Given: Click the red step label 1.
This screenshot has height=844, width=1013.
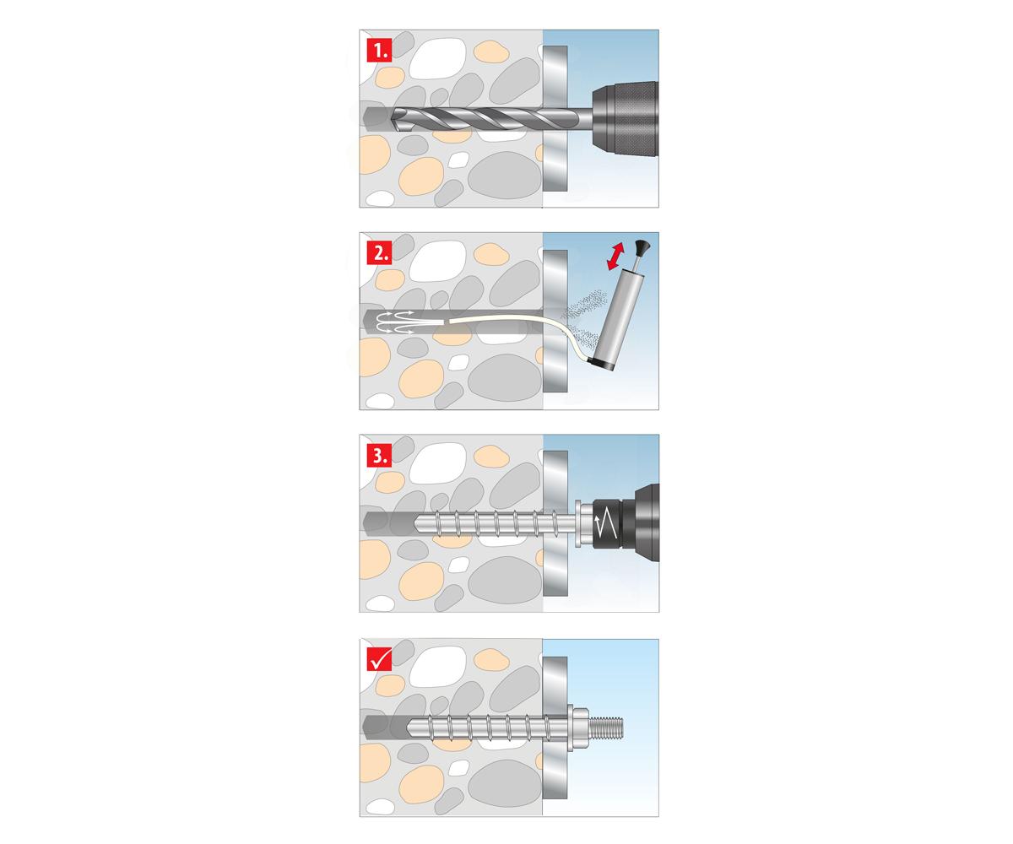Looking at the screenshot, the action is (379, 51).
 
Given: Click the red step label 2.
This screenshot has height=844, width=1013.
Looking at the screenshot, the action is (379, 252).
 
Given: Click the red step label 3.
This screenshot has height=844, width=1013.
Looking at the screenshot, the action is (379, 456).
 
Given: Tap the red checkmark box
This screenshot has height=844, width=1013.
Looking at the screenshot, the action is (379, 659).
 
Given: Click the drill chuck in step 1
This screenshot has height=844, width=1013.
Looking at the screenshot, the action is (626, 119).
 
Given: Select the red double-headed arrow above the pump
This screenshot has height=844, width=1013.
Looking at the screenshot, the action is (616, 257).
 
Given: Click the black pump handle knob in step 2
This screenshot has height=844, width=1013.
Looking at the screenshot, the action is (642, 247).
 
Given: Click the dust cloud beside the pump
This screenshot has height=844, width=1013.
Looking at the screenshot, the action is (586, 316).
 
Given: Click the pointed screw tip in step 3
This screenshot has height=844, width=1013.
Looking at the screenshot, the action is (418, 524).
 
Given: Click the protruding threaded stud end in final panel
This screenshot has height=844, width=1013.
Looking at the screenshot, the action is (606, 728).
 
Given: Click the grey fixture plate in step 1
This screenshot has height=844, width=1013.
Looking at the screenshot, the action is (555, 118).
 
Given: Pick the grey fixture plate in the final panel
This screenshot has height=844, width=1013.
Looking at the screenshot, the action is (555, 728).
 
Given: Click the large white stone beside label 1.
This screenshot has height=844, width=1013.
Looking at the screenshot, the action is (437, 59).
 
